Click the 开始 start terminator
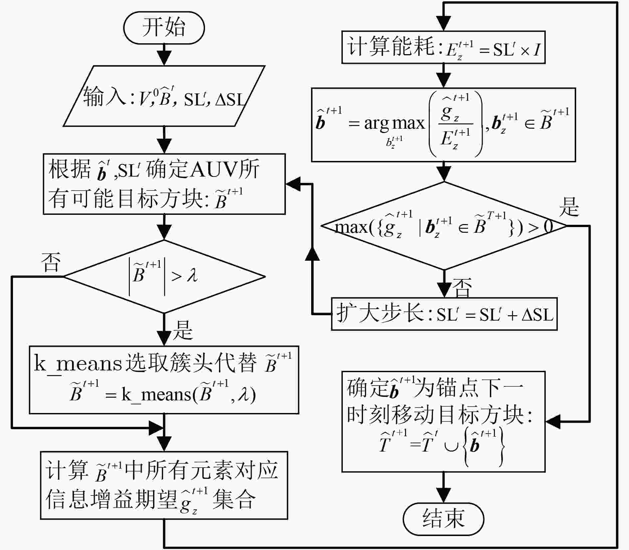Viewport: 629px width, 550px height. (164, 28)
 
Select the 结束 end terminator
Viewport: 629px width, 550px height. (443, 519)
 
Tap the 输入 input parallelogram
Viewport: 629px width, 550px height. (164, 96)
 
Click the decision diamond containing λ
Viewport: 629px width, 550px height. (164, 277)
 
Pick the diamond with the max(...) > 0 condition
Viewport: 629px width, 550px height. (444, 226)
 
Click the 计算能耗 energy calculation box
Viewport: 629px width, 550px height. (443, 47)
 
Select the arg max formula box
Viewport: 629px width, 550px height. (443, 125)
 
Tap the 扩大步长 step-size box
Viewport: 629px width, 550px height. (444, 314)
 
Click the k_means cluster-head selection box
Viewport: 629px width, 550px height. (164, 380)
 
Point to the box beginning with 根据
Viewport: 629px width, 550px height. (164, 184)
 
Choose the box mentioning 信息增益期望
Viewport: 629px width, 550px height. (164, 485)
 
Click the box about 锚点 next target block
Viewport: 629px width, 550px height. (443, 422)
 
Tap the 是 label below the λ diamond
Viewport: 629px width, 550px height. (183, 330)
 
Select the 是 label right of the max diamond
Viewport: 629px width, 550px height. (569, 207)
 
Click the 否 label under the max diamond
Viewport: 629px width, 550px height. (462, 288)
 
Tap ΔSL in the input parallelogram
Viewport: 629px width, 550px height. (230, 99)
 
